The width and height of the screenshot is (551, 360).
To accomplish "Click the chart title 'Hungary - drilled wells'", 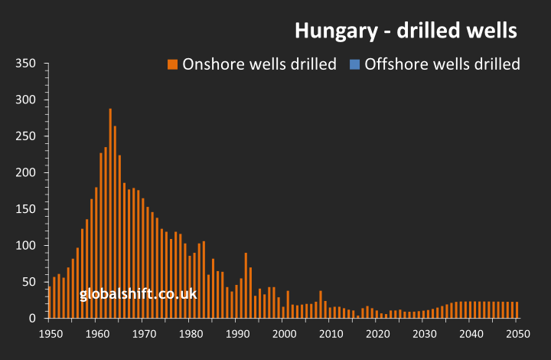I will tap(406, 31).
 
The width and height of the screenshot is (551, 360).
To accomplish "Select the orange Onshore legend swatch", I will tap(172, 64).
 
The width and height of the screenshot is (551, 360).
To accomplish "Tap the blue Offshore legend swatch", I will tap(354, 64).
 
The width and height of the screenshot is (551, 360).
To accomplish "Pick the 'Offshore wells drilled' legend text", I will tap(442, 64).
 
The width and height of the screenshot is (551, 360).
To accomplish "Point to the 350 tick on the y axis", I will tap(27, 64).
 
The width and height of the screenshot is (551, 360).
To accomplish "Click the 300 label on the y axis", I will tap(27, 100).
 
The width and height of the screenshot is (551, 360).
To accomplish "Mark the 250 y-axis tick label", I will tap(27, 136).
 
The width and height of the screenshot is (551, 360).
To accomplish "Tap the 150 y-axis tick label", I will tap(27, 209).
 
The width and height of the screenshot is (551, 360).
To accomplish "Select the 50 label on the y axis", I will tap(30, 282).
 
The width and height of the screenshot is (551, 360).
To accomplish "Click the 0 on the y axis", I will tap(33, 318).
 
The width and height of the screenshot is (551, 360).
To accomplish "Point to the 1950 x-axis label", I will tap(51, 334).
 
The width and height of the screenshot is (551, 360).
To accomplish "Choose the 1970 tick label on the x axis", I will tap(144, 334).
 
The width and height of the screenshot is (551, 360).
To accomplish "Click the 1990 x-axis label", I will tap(237, 334).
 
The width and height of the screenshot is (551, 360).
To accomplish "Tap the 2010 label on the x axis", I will tap(331, 334).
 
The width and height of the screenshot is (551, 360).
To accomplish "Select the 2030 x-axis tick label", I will tap(424, 334).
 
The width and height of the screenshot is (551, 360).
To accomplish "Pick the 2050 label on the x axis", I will tap(517, 334).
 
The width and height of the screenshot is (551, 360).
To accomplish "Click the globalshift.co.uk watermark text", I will tap(138, 294).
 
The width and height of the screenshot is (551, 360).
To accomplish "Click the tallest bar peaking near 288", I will tap(110, 214).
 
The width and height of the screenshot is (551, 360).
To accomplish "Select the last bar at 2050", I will tap(517, 310).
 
